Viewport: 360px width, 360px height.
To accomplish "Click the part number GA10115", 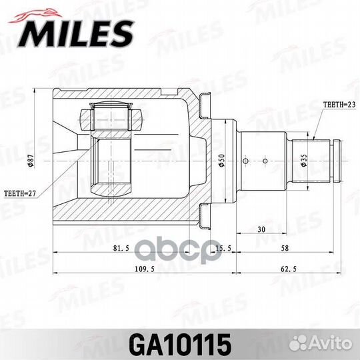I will click(x=180, y=345).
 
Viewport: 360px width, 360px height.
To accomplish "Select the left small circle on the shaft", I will click(x=248, y=161).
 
